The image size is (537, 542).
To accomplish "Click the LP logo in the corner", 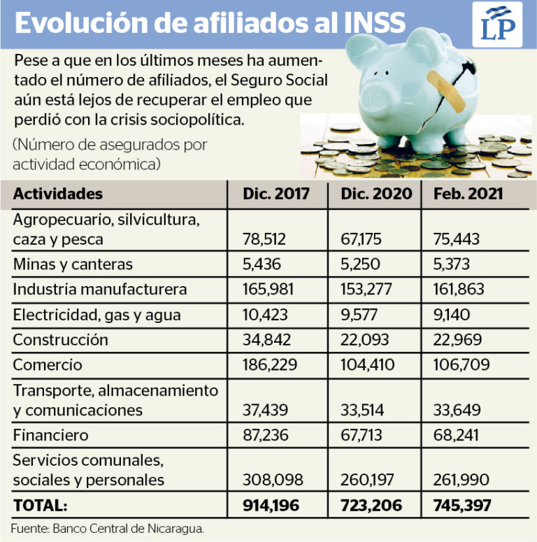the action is tap(497, 24).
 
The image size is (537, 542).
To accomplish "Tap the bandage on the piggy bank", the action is tap(446, 91).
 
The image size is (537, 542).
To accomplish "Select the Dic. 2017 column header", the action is tap(275, 194).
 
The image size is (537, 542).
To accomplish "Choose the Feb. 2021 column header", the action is tap(468, 194).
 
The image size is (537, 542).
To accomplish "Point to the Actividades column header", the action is tap(58, 194).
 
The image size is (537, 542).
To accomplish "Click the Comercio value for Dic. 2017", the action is tap(269, 365).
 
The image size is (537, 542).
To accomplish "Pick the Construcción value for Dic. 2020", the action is tap(364, 340).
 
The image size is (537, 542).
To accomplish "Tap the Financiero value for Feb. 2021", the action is tap(456, 435).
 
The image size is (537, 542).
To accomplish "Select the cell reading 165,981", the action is tap(268, 290).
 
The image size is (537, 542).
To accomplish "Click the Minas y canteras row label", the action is tap(73, 265).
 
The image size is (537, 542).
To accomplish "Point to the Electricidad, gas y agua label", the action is tap(96, 315).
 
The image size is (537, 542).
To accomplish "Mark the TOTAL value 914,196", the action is tap(271, 506).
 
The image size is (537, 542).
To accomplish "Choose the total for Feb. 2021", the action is tap(462, 506).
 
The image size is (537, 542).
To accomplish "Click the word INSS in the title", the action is tap(375, 23).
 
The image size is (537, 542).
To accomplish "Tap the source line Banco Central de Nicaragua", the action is tap(128, 529).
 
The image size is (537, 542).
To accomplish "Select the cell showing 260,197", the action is tap(367, 480).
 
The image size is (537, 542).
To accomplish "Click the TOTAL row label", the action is tap(40, 506).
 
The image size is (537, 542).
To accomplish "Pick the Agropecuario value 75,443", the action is tap(457, 239).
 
